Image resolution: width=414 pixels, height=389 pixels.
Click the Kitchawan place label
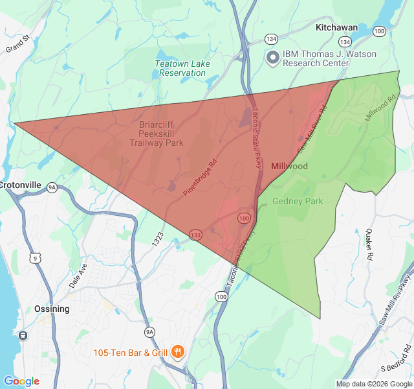click(x=336, y=29)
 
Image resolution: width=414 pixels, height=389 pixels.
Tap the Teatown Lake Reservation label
click(x=180, y=68)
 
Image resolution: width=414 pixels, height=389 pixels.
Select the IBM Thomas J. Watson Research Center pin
click(x=273, y=58)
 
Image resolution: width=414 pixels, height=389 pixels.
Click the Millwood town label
click(x=289, y=167)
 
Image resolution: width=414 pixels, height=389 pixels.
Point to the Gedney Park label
click(x=298, y=202)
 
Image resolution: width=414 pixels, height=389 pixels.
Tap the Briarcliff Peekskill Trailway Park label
click(x=157, y=134)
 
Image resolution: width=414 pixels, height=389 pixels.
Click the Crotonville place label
click(x=20, y=185)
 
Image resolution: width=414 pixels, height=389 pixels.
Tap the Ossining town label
click(x=52, y=309)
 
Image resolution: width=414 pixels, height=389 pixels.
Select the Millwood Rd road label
click(x=380, y=110)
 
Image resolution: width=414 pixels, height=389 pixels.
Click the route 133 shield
click(x=196, y=234)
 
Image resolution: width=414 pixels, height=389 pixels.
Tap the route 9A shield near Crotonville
click(x=52, y=187)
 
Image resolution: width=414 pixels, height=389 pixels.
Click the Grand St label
click(x=18, y=44)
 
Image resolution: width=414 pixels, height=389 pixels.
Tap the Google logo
click(x=21, y=381)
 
